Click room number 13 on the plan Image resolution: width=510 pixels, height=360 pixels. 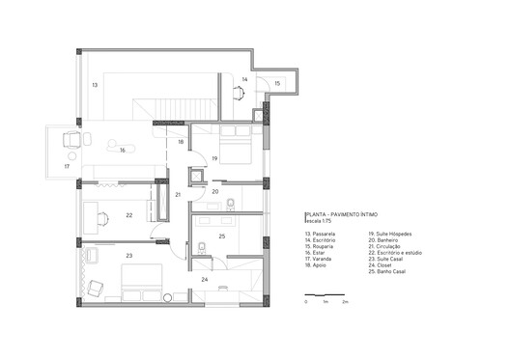[x=95, y=86]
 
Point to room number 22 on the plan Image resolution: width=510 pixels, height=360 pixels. [x=128, y=215]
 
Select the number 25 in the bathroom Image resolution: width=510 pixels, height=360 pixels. [x=221, y=235]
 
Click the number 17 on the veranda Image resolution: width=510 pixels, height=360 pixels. [x=67, y=167]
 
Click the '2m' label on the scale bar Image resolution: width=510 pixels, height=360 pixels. [x=345, y=302]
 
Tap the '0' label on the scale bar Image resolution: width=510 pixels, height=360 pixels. [x=305, y=302]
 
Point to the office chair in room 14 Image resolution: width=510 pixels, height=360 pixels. [x=237, y=94]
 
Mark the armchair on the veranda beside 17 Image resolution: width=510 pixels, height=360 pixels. [x=70, y=141]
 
